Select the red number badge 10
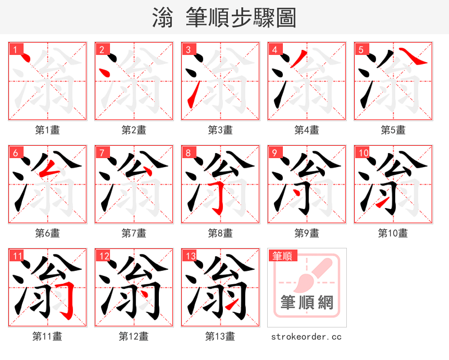[x=363, y=153]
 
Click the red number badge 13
[x=190, y=256]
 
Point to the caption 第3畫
[x=220, y=130]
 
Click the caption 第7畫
[x=134, y=233]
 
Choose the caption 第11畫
[x=47, y=336]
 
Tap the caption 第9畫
[x=306, y=233]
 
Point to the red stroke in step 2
[x=103, y=72]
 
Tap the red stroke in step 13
[x=231, y=306]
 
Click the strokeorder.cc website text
[x=306, y=336]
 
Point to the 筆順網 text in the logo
[x=306, y=303]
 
